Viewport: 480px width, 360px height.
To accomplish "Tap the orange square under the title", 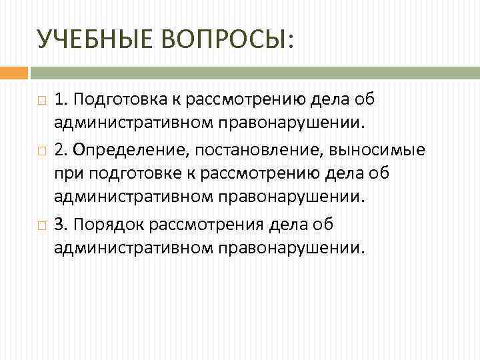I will [14, 72].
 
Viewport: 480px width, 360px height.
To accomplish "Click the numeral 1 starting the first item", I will [59, 100].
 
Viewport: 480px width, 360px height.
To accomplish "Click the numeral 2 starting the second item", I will [59, 149].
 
